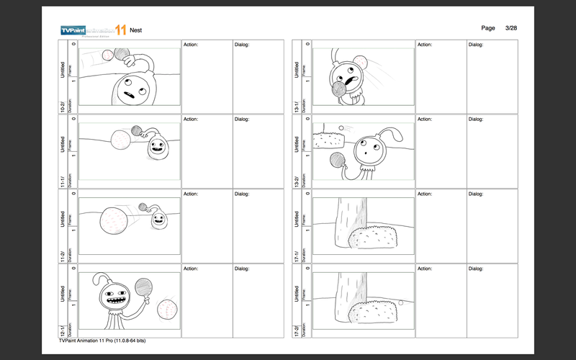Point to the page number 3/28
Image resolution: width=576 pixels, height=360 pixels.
pos(511,27)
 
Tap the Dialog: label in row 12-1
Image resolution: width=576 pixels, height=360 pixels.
pos(242,269)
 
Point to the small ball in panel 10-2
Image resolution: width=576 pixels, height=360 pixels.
pos(108,54)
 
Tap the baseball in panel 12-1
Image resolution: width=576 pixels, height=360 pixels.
pos(166,310)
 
